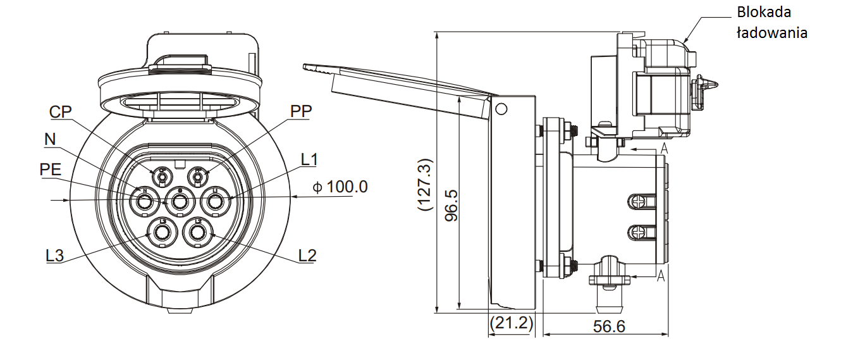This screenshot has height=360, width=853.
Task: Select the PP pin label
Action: (301, 111)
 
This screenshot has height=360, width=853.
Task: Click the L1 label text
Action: (309, 159)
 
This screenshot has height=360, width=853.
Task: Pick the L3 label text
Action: (55, 256)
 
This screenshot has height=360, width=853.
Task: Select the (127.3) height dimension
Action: (425, 183)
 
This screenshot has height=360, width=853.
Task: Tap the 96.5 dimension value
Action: (451, 204)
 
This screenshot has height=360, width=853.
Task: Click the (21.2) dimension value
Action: (511, 324)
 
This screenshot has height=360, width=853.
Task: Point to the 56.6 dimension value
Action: (609, 326)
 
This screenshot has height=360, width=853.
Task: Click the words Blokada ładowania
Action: (771, 22)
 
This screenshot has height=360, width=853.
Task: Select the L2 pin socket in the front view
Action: (197, 233)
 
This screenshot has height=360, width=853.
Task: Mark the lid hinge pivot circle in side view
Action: (501, 109)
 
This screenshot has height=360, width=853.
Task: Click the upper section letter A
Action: (663, 148)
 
